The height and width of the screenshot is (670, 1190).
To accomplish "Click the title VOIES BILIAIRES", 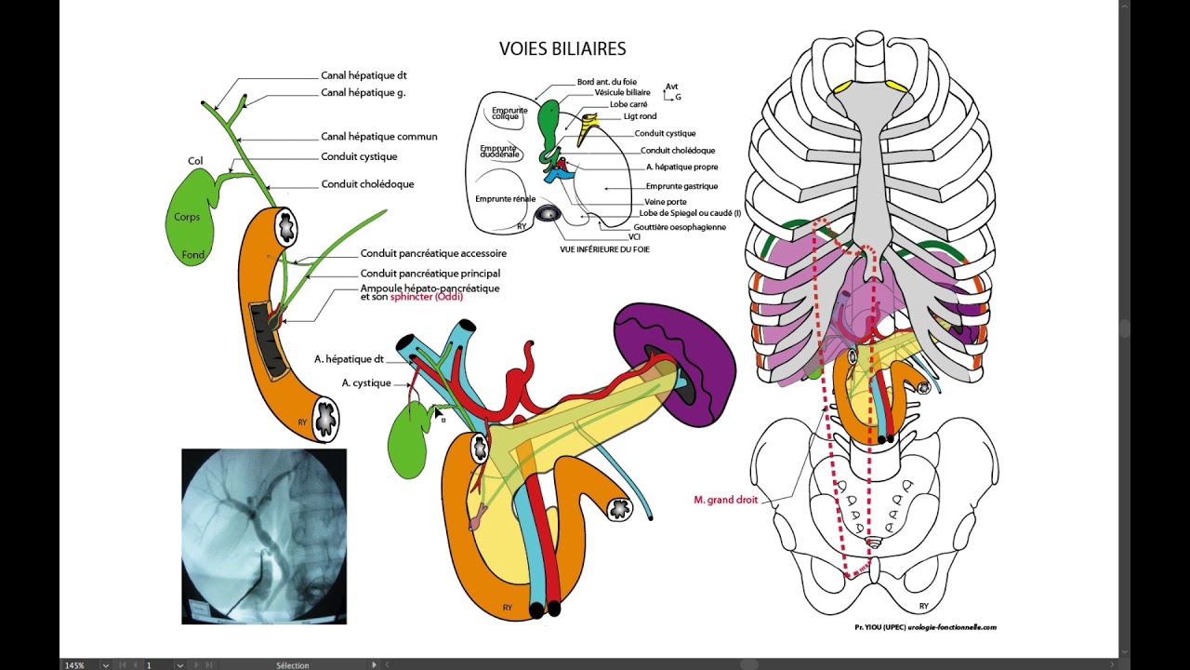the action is pos(562,49).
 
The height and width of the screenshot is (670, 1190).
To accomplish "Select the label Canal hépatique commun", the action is pos(378,137).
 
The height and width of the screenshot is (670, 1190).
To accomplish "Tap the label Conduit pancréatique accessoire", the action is pos(433,254).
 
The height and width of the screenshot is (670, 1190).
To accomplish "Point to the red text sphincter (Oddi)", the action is pos(427,297).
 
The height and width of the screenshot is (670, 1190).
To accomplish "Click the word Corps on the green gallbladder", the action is pos(187,217).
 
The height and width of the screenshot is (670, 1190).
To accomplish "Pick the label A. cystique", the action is pos(366,382).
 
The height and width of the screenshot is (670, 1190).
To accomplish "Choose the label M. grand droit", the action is pos(726,500).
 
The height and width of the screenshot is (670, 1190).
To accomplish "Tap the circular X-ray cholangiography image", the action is pos(264,536).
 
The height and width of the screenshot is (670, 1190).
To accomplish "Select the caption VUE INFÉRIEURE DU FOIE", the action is pos(604,249).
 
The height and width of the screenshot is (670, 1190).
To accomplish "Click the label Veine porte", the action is pos(665,202).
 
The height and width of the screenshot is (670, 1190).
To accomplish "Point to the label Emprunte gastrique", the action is pos(681,186).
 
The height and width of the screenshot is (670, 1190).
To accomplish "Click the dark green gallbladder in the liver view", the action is pos(549,127).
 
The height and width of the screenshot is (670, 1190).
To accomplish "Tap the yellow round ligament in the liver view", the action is pos(587,127).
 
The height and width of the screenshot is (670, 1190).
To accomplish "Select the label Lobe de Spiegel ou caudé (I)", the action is pos(690,213).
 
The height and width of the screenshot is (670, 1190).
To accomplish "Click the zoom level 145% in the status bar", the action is pos(74,665).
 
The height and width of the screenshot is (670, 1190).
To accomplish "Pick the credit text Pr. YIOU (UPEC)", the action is pos(879,627).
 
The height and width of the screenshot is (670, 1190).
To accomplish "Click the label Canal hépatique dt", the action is pos(364,75).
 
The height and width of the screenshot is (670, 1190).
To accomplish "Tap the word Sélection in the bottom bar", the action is pos(292,665).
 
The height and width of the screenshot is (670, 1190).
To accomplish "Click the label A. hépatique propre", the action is pos(681,167).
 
